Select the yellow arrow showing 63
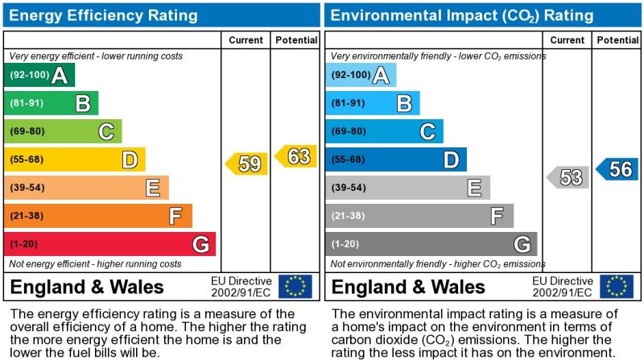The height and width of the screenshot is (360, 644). tap(296, 156)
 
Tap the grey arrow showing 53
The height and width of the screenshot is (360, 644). tap(568, 177)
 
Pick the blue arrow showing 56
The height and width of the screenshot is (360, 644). tap(617, 169)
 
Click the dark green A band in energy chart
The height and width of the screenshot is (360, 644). tap(39, 76)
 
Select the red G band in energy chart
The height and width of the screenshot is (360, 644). tap(109, 243)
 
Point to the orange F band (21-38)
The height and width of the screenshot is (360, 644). tap(97, 216)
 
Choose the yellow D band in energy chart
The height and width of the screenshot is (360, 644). tap(74, 159)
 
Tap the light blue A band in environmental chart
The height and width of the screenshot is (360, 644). tap(361, 76)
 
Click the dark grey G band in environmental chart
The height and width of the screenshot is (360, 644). tap(431, 243)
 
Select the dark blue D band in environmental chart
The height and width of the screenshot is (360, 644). tap(395, 159)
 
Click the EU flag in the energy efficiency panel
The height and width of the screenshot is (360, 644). tap(295, 287)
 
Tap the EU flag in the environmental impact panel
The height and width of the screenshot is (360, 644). tap(616, 287)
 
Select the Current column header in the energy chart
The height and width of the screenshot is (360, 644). tap(246, 40)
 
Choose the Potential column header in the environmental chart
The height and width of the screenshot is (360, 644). tap(617, 40)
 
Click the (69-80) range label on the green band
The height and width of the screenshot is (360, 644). tap(27, 131)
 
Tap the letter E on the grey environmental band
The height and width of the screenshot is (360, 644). tap(474, 188)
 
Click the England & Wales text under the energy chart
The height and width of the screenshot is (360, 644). tap(87, 288)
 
